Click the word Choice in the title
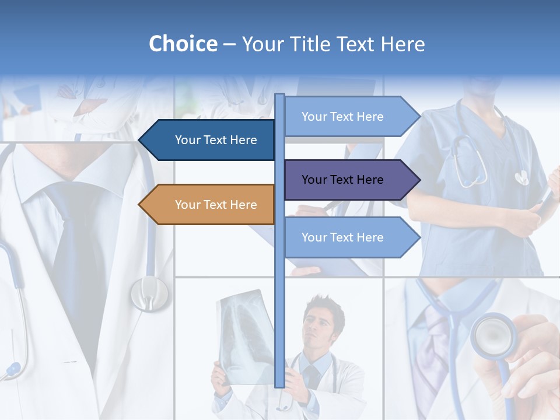183,44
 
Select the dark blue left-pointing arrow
210,140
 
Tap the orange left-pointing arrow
210,205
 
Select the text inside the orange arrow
216,205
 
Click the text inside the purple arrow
342,180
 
